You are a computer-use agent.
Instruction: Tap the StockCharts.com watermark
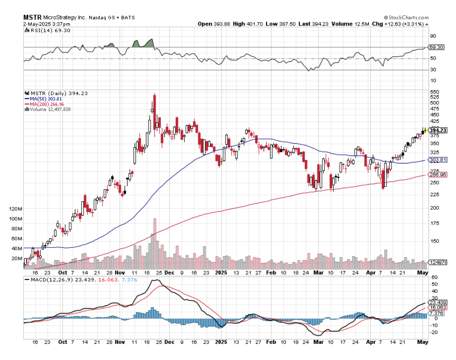[x=406, y=18]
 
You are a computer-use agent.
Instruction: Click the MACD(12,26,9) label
[x=57, y=280]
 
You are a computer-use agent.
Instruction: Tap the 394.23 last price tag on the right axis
[x=438, y=130]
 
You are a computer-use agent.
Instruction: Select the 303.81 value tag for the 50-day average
[x=438, y=160]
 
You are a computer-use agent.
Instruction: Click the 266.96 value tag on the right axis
[x=438, y=175]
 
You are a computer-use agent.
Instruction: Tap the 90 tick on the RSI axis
[x=433, y=36]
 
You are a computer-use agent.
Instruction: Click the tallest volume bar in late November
[x=155, y=244]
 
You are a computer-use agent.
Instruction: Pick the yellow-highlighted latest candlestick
[x=425, y=130]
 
